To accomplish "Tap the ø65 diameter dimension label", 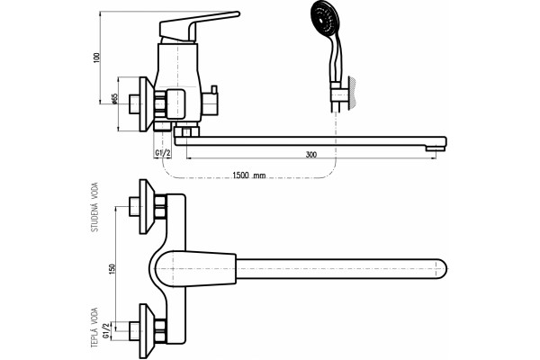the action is (114, 99).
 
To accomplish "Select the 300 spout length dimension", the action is (311, 155).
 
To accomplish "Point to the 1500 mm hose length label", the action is (249, 175).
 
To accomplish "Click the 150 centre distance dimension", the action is (112, 269).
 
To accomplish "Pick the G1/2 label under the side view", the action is (163, 153).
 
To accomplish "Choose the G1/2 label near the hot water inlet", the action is (107, 330).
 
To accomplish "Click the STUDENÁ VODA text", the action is (94, 207).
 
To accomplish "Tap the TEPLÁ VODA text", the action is (94, 328).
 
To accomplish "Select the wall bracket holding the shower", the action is (339, 94).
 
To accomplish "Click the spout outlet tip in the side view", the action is (436, 148).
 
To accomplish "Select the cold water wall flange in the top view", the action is (147, 206).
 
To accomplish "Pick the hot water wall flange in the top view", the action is (147, 331).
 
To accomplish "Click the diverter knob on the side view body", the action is (211, 102).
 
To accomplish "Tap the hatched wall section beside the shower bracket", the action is (352, 93).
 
